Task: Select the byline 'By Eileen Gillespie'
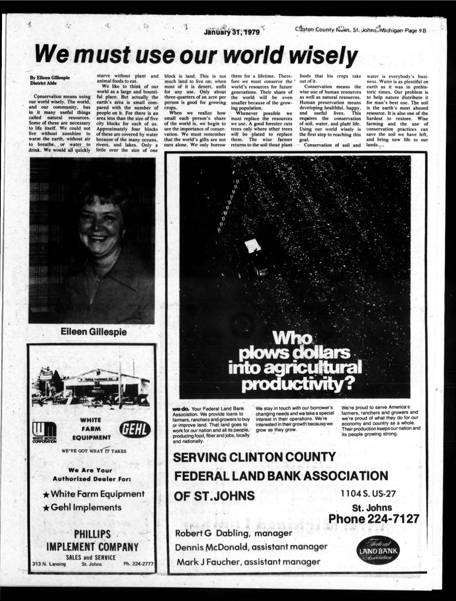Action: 49,78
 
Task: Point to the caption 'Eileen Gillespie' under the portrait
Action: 94,332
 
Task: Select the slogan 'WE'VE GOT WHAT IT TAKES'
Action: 94,451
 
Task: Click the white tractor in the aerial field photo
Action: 252,246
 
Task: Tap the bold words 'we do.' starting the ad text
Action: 181,409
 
